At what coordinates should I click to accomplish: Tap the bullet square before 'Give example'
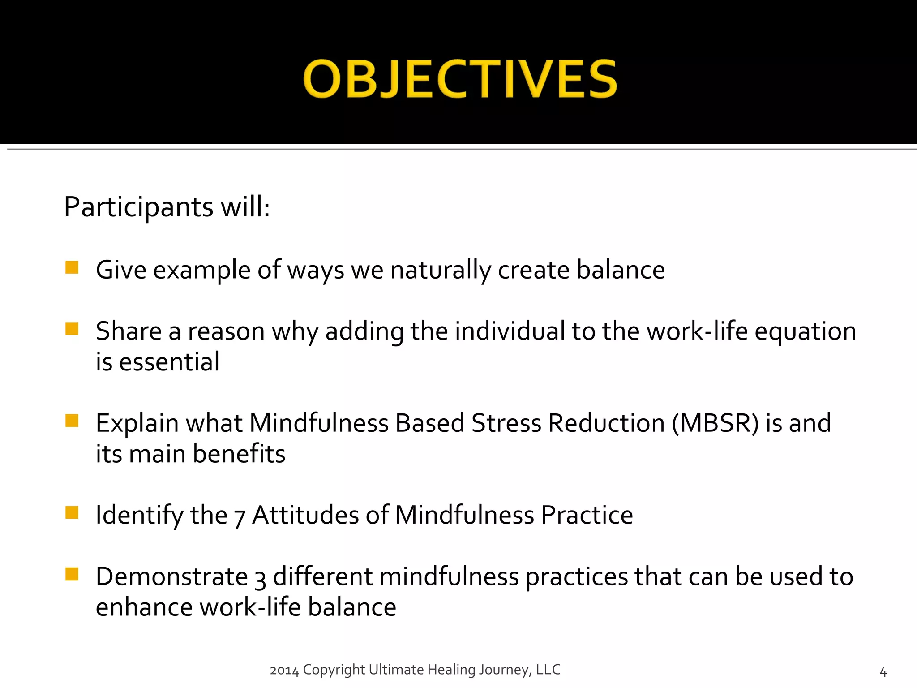[x=72, y=267]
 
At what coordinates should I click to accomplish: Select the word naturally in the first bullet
[x=441, y=271]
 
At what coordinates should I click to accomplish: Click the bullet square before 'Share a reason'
[x=72, y=329]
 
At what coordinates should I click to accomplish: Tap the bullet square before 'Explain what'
[x=72, y=421]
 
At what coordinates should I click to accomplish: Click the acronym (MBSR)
[x=716, y=423]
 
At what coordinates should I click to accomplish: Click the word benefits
[x=239, y=454]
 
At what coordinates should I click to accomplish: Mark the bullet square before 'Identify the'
[x=72, y=512]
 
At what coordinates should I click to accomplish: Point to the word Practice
[x=587, y=515]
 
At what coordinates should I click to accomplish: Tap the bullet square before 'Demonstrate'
[x=72, y=574]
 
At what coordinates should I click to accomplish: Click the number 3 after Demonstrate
[x=260, y=579]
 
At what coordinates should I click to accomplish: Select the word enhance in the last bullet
[x=144, y=608]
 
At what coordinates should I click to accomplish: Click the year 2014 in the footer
[x=284, y=671]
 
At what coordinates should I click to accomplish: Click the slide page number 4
[x=883, y=672]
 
